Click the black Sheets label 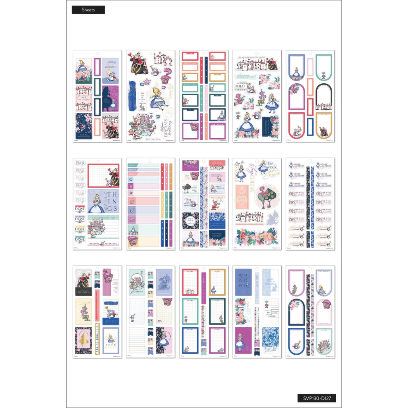[88, 10]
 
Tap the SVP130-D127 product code [317, 398]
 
